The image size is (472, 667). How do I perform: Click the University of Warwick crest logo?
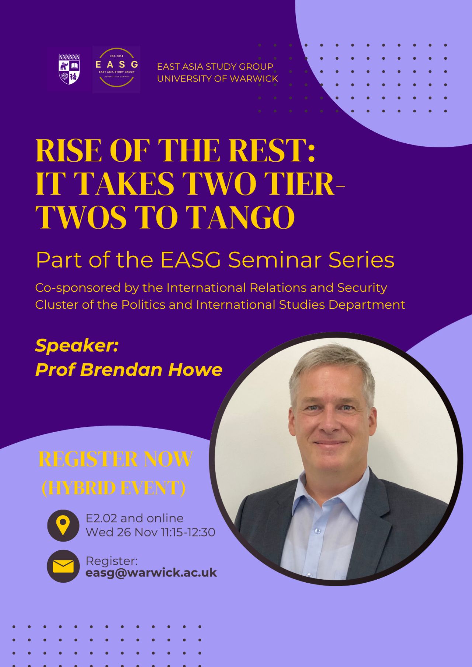[x=69, y=69]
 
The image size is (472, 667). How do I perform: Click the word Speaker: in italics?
[x=77, y=346]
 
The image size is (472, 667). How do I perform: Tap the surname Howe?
[x=195, y=370]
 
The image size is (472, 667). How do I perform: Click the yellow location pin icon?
[x=63, y=525]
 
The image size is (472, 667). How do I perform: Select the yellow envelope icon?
[x=63, y=566]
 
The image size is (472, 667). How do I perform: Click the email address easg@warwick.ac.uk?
[x=151, y=573]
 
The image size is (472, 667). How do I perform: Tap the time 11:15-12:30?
[x=188, y=532]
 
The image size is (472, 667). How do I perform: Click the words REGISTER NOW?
[x=115, y=459]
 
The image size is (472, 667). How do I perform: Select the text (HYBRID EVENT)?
[x=114, y=488]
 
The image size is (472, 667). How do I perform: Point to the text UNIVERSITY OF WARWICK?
[x=218, y=79]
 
